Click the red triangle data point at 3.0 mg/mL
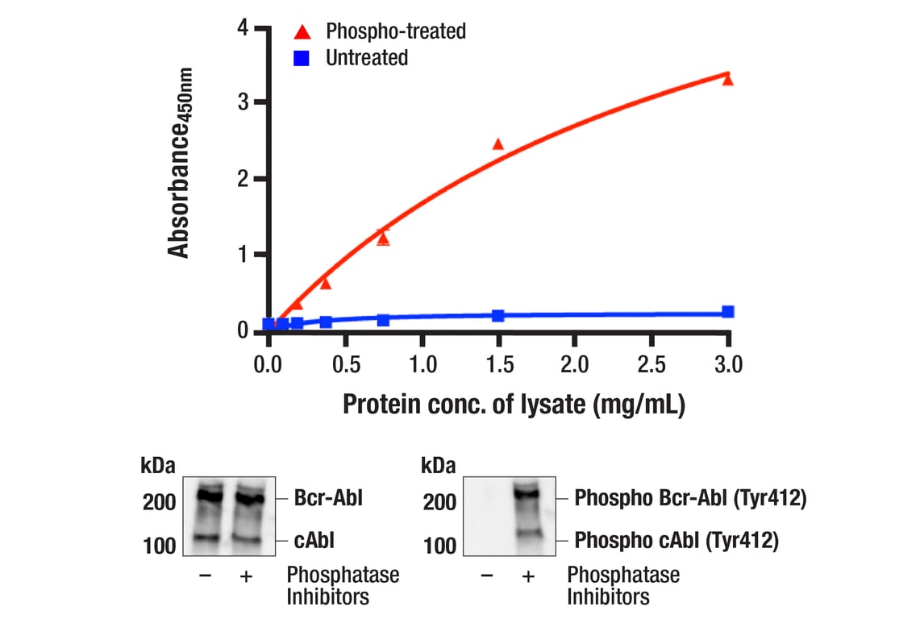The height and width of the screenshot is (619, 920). point(728,79)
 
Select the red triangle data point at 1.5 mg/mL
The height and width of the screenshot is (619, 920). point(497,144)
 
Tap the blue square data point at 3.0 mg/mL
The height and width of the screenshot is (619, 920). point(728,312)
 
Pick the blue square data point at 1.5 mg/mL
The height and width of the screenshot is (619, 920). point(498,315)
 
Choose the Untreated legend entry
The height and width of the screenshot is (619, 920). point(366,58)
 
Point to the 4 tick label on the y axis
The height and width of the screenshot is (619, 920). point(243,28)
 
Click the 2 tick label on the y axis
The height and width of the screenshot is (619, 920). point(243,179)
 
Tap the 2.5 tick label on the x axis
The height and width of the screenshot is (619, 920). point(651,364)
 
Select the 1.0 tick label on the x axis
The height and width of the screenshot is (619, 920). point(422,364)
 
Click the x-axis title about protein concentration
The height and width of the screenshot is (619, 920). point(514,404)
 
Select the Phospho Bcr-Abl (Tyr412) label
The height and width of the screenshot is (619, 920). point(690,499)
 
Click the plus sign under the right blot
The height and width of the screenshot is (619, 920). point(528,575)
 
